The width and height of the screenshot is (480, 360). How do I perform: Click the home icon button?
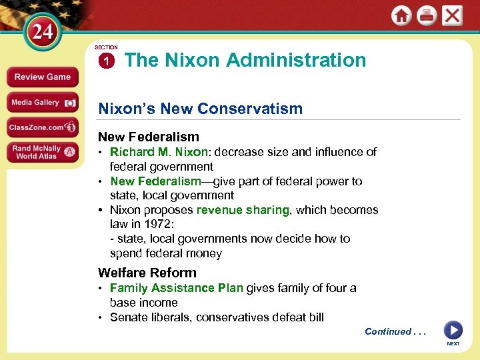(401, 15)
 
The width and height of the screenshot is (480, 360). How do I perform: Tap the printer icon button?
(427, 15)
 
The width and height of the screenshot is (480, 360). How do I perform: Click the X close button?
(453, 15)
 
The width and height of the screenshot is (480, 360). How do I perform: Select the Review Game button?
(42, 77)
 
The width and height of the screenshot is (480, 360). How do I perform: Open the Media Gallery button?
(42, 102)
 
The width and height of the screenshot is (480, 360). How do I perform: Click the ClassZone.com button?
(42, 127)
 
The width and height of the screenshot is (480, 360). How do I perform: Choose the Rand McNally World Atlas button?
(42, 152)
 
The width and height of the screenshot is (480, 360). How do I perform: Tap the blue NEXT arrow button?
(453, 330)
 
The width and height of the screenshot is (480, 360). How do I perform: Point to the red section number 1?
(105, 61)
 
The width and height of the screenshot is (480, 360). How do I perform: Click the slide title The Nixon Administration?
(245, 60)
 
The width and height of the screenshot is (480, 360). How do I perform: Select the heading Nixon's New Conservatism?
(200, 108)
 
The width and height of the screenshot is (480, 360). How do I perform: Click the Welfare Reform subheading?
(147, 272)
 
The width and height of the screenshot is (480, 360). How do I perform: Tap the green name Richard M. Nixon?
(159, 152)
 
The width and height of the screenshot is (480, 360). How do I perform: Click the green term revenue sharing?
(243, 210)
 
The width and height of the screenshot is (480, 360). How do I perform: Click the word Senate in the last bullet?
(129, 317)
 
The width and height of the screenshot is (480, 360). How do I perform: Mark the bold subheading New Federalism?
(148, 137)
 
